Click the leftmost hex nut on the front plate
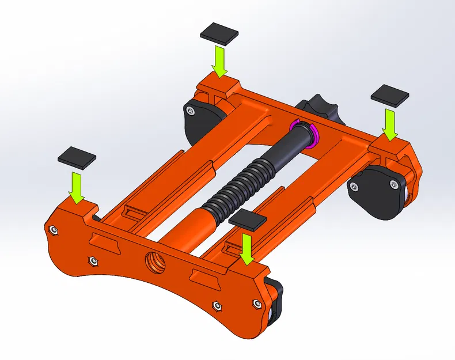tap(53, 230)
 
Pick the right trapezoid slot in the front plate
tap(206, 280)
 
